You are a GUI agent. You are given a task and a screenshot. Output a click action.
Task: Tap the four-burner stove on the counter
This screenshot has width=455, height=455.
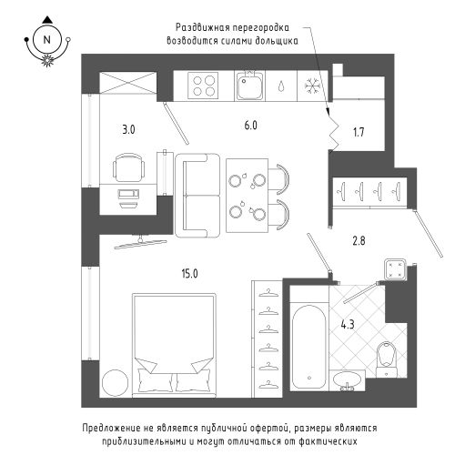click(x=203, y=86)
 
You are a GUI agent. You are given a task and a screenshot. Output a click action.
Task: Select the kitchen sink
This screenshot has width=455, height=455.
click(x=249, y=85)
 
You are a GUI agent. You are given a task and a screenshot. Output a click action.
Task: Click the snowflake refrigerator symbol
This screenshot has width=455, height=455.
click(x=312, y=86)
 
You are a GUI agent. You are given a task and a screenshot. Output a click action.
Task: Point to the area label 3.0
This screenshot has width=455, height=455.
click(x=128, y=130)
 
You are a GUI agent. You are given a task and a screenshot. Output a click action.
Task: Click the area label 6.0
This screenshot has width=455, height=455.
click(x=251, y=125)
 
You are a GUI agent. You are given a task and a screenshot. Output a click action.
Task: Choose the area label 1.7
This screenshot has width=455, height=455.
click(x=359, y=132)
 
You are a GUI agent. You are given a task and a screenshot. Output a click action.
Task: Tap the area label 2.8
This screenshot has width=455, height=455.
click(x=359, y=241)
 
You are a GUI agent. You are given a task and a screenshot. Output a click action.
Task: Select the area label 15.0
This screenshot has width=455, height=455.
click(x=189, y=274)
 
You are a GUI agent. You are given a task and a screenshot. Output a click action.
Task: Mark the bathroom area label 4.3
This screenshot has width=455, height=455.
click(x=348, y=325)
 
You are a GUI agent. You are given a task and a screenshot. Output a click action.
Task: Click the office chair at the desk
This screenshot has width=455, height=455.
click(x=129, y=167)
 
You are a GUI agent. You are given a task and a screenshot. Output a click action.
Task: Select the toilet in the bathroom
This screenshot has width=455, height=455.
click(x=386, y=359)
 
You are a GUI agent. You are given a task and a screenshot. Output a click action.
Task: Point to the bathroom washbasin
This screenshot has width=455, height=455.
click(x=348, y=380)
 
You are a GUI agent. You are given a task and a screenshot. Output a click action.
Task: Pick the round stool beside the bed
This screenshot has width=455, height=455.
click(x=116, y=382)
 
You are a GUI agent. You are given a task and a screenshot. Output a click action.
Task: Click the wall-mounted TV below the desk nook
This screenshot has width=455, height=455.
click(x=140, y=242)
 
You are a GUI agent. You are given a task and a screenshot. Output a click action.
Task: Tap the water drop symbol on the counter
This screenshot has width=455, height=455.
click(x=281, y=86)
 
